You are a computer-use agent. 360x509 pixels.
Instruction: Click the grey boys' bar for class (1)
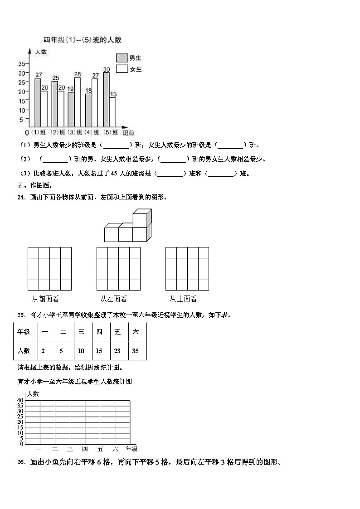(38, 103)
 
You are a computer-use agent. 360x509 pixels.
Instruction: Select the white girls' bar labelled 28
(77, 102)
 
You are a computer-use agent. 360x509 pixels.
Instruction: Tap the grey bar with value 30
(106, 100)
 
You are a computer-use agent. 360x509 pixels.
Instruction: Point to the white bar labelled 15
(112, 112)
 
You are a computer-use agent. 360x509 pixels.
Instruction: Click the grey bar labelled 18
(88, 110)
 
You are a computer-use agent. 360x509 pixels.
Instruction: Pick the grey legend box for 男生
(122, 58)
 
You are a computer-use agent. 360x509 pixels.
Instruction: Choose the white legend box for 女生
(122, 69)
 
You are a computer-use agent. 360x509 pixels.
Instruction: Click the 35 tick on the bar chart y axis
(21, 63)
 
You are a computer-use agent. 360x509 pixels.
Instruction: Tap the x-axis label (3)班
(74, 132)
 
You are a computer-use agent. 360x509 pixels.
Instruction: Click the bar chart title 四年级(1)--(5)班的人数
(82, 40)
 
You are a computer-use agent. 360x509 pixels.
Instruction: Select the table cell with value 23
(117, 350)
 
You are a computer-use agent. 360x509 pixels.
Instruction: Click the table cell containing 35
(136, 350)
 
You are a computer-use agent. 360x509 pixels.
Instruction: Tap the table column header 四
(99, 332)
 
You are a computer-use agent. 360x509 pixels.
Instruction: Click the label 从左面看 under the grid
(113, 299)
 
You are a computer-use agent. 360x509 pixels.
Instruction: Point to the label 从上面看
(183, 299)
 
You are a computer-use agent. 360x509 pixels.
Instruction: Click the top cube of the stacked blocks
(141, 218)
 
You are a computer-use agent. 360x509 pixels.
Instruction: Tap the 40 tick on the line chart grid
(20, 400)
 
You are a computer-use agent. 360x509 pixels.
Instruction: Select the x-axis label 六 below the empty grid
(115, 449)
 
